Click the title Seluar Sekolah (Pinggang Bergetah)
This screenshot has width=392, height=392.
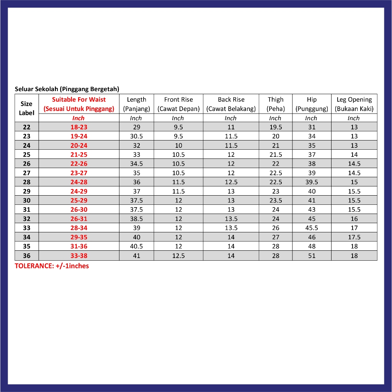[x=67, y=89]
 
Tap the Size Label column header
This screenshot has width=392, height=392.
[x=26, y=108]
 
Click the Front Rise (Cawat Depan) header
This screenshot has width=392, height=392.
[x=178, y=104]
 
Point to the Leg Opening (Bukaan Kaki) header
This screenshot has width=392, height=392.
[x=354, y=104]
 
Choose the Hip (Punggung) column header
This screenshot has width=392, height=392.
[x=312, y=104]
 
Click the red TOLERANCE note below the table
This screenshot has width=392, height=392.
[x=52, y=266]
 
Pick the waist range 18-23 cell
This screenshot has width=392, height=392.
[x=79, y=127]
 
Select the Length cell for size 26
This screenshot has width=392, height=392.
[x=137, y=164]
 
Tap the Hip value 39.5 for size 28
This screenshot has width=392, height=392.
[x=312, y=182]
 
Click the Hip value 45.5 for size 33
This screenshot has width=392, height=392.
[x=312, y=228]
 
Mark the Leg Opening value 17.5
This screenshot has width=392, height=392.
[x=354, y=237]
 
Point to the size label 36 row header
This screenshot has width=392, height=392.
[x=26, y=256]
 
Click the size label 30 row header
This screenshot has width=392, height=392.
[x=26, y=201]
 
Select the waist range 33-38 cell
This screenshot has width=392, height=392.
[x=79, y=256]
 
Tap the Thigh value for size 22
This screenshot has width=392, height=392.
[x=276, y=127]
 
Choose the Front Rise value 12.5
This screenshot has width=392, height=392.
[x=178, y=256]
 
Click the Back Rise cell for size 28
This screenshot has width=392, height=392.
[x=231, y=182]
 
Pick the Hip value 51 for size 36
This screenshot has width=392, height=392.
[x=312, y=256]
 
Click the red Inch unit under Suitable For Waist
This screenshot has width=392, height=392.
[x=78, y=118]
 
